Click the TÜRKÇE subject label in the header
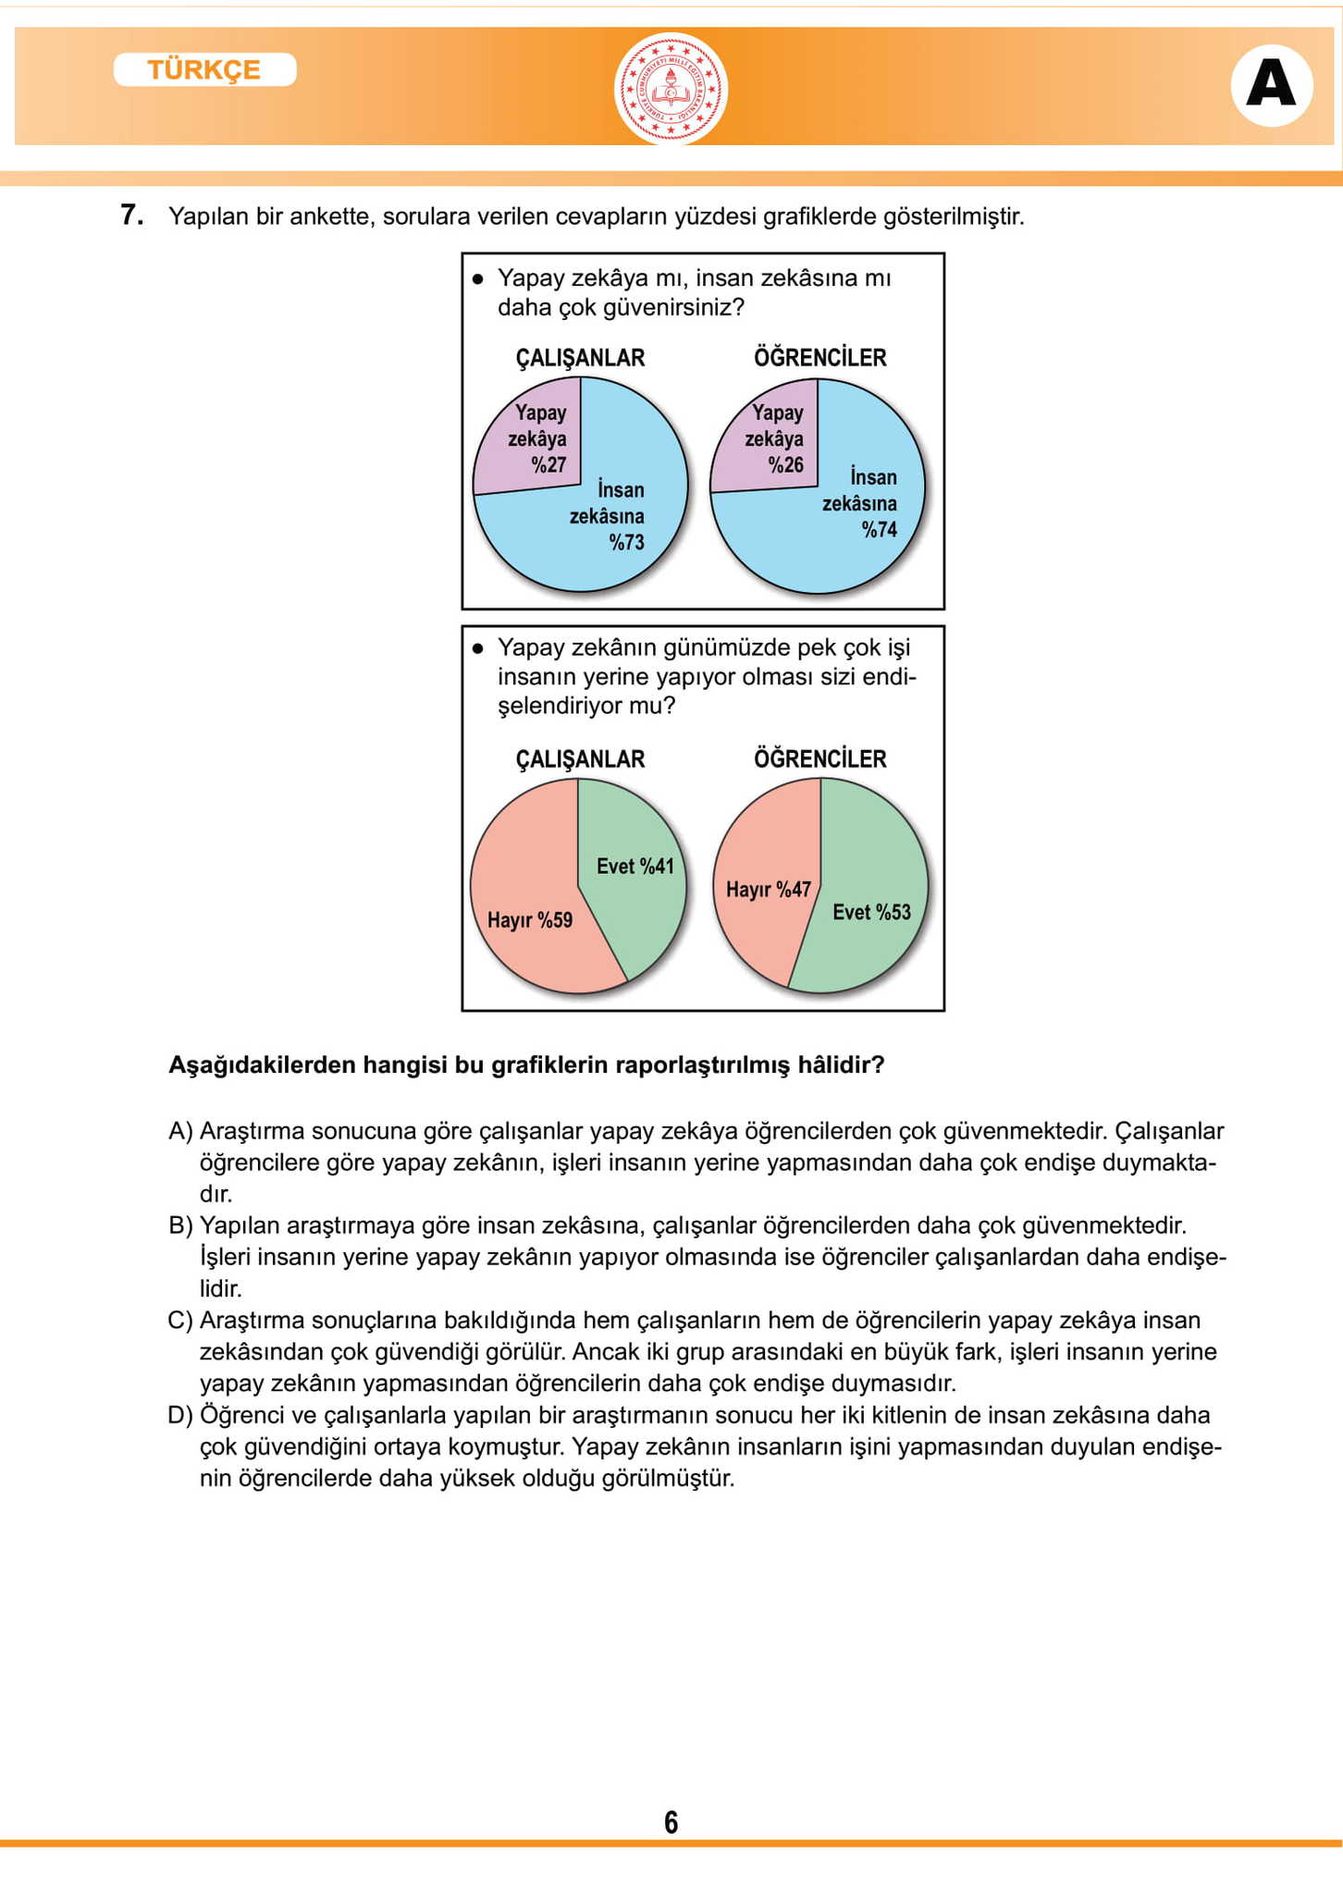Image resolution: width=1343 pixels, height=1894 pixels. [x=204, y=70]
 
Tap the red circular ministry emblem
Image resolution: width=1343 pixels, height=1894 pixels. [x=671, y=90]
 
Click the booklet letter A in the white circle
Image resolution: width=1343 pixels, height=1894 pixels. [x=1271, y=85]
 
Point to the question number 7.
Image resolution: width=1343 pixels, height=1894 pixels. [x=131, y=215]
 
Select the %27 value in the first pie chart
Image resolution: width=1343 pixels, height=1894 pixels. [x=548, y=464]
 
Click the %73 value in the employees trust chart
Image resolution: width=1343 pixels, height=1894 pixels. [x=626, y=542]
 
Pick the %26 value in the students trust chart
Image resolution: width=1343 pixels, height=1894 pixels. [x=786, y=464]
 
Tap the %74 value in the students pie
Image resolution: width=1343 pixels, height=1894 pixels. [x=879, y=529]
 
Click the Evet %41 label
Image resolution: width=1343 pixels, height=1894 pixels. [x=635, y=867]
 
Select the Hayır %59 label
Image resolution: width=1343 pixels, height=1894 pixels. [x=530, y=920]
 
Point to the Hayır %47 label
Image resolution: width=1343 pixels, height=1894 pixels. [x=768, y=890]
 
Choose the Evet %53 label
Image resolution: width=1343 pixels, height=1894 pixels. [x=871, y=913]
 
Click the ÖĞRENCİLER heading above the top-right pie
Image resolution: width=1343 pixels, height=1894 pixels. [x=819, y=358]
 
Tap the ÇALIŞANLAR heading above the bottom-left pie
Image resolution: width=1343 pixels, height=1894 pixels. [x=580, y=759]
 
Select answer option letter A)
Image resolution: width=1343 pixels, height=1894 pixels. [x=180, y=1131]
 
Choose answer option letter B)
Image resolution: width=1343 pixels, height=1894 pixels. [x=180, y=1225]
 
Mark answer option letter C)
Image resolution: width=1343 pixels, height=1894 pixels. [x=180, y=1320]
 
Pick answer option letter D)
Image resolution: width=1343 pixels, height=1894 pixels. [x=180, y=1415]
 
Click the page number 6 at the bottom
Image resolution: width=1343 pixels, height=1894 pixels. [x=671, y=1822]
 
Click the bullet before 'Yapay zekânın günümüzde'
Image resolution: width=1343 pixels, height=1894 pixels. [x=477, y=648]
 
